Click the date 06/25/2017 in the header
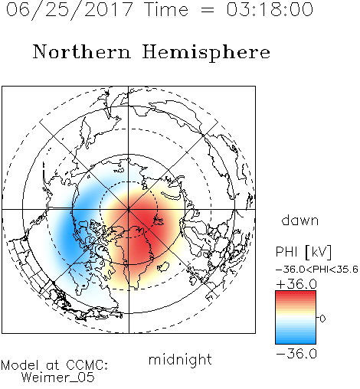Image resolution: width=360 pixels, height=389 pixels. click(x=69, y=10)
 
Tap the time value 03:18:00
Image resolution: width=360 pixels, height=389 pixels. click(x=270, y=9)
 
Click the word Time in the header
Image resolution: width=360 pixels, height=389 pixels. click(x=166, y=9)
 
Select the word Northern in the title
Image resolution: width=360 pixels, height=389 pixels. click(x=82, y=51)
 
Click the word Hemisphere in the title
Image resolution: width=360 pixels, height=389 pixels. click(x=206, y=53)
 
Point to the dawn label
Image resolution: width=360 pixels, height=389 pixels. click(x=300, y=221)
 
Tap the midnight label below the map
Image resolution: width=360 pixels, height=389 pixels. click(x=180, y=359)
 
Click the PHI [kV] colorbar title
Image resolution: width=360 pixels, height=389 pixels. click(x=304, y=252)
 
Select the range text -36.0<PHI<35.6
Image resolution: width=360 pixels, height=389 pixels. click(x=317, y=270)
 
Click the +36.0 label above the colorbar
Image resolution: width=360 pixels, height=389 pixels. click(x=296, y=284)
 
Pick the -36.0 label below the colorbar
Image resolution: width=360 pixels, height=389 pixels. click(x=296, y=354)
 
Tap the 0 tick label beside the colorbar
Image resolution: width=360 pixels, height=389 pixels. click(x=322, y=319)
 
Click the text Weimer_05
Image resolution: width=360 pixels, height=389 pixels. click(x=58, y=378)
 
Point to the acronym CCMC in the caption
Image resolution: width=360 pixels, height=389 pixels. click(x=87, y=365)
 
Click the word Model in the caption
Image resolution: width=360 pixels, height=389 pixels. click(x=20, y=365)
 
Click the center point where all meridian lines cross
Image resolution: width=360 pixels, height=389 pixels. click(x=129, y=210)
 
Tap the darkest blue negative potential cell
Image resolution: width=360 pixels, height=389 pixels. click(x=70, y=236)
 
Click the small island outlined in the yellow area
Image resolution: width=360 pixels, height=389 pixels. click(x=163, y=266)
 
